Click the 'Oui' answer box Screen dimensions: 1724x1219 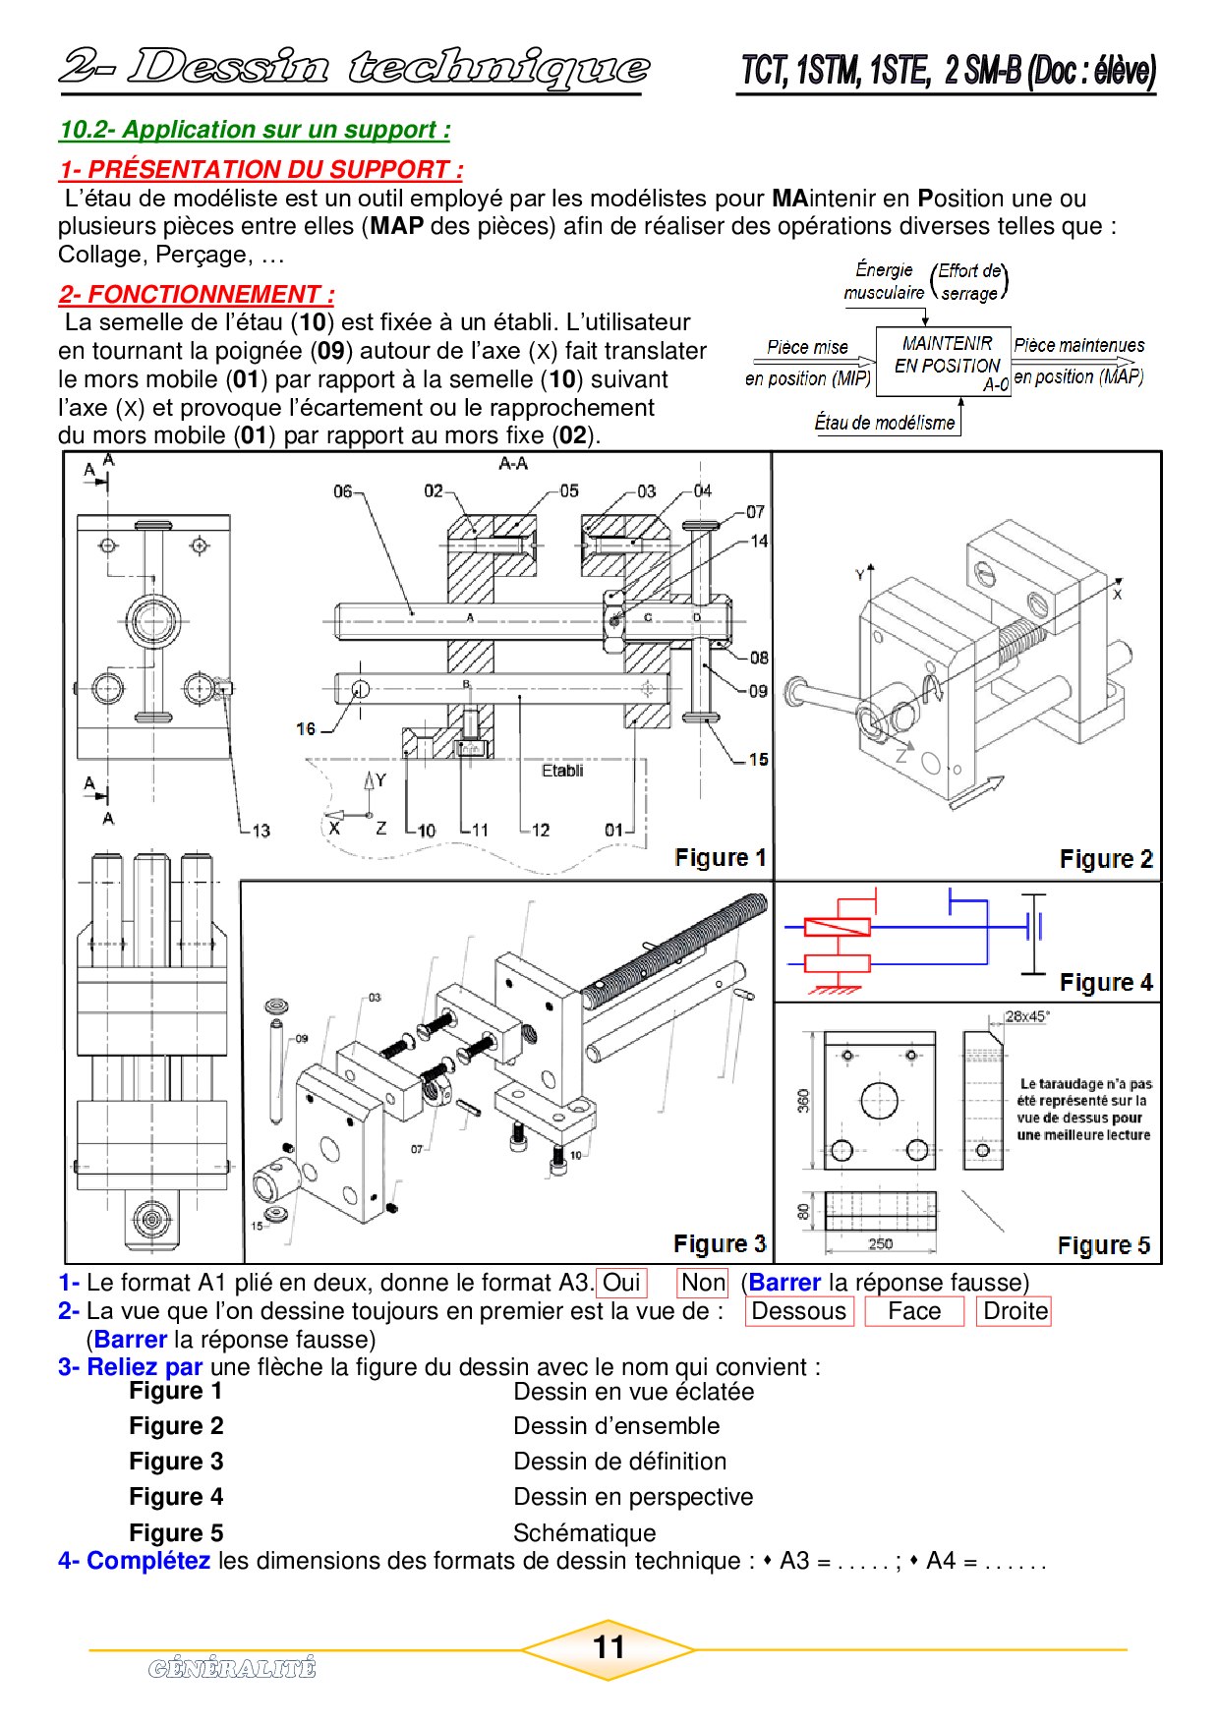pos(621,1283)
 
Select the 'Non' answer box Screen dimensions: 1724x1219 pos(702,1283)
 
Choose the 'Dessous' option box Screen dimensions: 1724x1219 pos(798,1311)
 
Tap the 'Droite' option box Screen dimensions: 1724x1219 pos(1015,1311)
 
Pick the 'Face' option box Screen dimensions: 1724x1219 pos(913,1311)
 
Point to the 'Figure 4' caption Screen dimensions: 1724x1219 pos(1106,983)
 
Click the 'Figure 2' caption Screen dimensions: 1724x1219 pos(1106,859)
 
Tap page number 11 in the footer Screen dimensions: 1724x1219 pos(609,1646)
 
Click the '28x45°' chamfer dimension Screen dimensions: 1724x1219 pos(1025,1016)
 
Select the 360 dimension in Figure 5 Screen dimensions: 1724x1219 pos(804,1100)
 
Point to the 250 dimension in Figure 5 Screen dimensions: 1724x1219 pos(880,1243)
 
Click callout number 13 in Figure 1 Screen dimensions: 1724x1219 pos(261,831)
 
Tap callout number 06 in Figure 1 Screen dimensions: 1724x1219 pos(342,490)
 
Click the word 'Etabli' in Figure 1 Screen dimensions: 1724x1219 pos(562,771)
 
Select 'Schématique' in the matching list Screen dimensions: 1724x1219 pos(584,1532)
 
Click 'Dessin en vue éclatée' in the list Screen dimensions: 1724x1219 pos(633,1392)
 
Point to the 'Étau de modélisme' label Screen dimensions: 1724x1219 pos(885,423)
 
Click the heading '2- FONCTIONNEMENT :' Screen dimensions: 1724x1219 pos(197,294)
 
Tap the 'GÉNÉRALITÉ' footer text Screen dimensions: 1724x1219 pos(232,1668)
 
